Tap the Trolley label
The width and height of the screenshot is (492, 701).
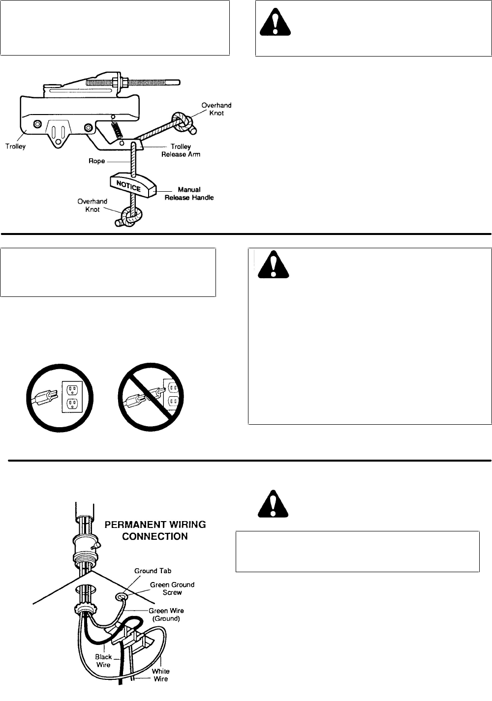click(15, 146)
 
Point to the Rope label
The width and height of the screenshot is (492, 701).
click(96, 161)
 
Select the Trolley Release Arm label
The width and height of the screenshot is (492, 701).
click(181, 150)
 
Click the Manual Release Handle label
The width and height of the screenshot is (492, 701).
click(189, 194)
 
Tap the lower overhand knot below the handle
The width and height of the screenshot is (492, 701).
click(130, 216)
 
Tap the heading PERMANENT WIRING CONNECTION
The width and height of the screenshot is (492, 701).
click(155, 530)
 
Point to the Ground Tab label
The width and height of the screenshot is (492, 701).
click(153, 571)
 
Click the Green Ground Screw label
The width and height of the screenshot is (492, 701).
click(172, 588)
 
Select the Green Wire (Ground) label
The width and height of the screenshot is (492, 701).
click(166, 614)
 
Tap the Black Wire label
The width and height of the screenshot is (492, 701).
click(103, 661)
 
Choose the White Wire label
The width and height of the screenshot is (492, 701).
click(160, 675)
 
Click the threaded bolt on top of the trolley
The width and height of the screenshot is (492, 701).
click(133, 83)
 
